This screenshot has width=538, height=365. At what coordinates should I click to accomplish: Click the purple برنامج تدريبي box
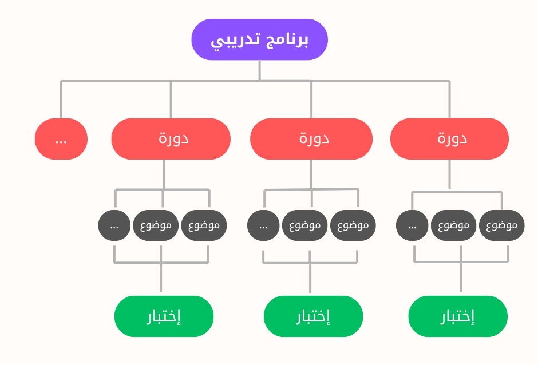[x=259, y=39]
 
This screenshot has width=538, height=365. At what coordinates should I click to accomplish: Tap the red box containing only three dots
[x=61, y=139]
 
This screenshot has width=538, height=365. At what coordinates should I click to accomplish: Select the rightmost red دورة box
[x=449, y=139]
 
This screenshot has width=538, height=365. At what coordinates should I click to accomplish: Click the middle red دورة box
[x=311, y=139]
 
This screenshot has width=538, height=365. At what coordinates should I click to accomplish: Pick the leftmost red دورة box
[x=171, y=139]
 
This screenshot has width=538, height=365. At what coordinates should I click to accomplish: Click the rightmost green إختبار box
[x=458, y=316]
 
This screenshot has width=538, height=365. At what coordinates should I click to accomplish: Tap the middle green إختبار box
[x=313, y=316]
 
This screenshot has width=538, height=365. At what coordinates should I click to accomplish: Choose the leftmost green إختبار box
[x=164, y=316]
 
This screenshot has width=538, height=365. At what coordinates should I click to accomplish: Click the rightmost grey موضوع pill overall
[x=502, y=225]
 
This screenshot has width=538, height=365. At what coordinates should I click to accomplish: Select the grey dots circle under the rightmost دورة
[x=412, y=225]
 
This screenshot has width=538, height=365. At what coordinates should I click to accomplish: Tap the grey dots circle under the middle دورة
[x=263, y=225]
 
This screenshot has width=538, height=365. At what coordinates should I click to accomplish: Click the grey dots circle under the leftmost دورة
[x=114, y=225]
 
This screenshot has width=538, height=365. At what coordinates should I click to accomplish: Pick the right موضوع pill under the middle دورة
[x=353, y=225]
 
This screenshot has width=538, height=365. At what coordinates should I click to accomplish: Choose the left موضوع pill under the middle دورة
[x=305, y=225]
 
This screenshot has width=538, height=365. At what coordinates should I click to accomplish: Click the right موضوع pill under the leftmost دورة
[x=204, y=225]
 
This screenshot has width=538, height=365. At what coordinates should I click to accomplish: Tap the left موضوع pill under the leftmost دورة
[x=156, y=225]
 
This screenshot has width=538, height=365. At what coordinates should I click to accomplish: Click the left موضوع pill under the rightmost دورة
[x=454, y=225]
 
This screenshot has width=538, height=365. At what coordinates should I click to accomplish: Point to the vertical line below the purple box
[x=259, y=70]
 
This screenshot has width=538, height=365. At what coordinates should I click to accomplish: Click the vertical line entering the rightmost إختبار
[x=461, y=280]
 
